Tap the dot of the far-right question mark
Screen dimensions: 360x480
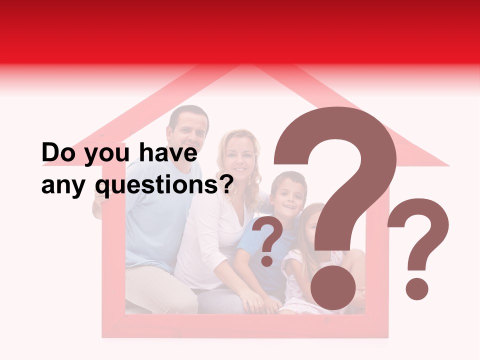click(416, 288)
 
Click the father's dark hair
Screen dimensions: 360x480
click(187, 113)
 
